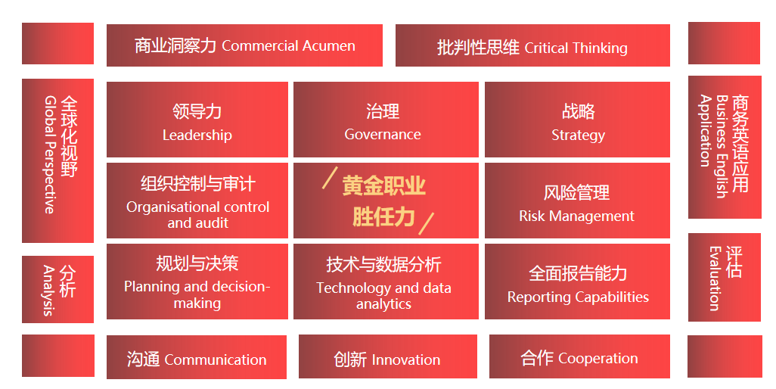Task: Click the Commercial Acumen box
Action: [244, 45]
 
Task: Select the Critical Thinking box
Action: [532, 45]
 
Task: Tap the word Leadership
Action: [197, 135]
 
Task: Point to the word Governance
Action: [383, 134]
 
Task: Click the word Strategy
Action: [578, 135]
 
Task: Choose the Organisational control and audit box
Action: [197, 201]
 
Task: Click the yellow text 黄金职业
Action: [384, 185]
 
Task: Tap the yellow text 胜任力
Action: [383, 216]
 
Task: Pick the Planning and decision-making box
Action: [197, 281]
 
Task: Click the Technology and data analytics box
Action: [386, 281]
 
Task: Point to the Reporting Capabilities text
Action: [578, 297]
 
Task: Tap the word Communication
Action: [216, 359]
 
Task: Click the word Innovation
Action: [406, 359]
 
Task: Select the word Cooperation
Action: [598, 358]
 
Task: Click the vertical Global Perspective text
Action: [49, 154]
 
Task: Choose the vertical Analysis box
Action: [58, 290]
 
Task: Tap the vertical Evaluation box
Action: [725, 277]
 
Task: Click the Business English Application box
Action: [725, 147]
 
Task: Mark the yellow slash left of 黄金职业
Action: [330, 178]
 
